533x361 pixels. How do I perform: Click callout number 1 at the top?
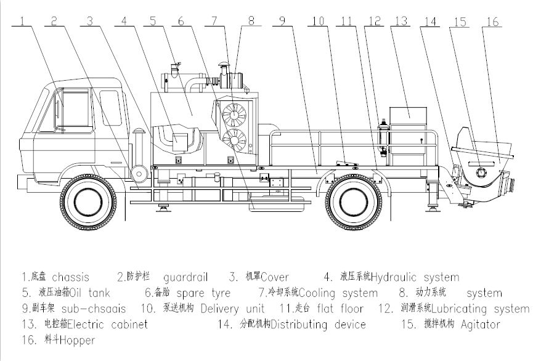pyautogui.click(x=22, y=20)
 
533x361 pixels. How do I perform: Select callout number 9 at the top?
pyautogui.click(x=280, y=20)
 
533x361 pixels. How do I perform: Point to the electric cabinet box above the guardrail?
pyautogui.click(x=409, y=114)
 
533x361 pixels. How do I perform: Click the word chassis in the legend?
pyautogui.click(x=70, y=277)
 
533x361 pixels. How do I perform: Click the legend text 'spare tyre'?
pyautogui.click(x=203, y=293)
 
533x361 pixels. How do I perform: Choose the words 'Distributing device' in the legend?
pyautogui.click(x=318, y=324)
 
